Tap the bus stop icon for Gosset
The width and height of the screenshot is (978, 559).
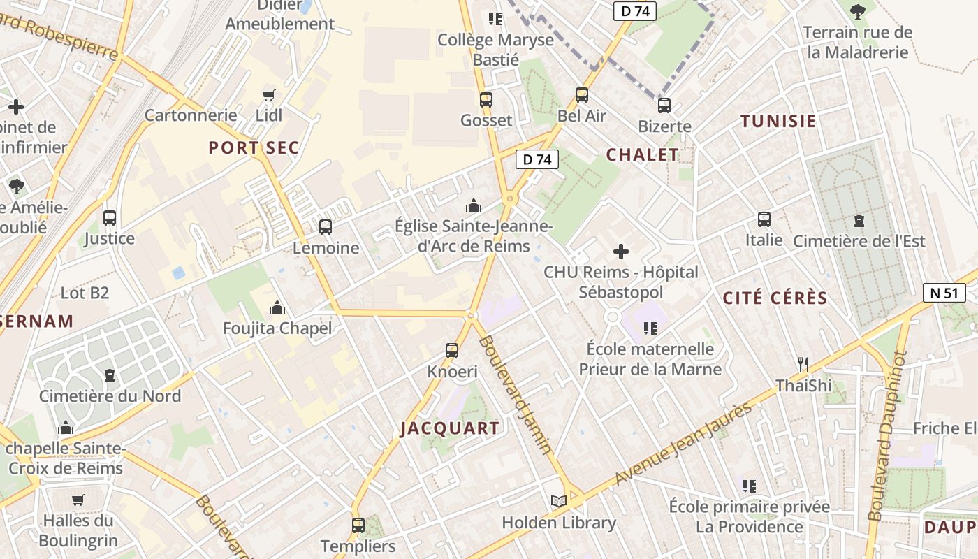click(486, 99)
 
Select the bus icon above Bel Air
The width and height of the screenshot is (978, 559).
click(581, 94)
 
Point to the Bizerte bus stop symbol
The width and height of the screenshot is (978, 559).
click(664, 106)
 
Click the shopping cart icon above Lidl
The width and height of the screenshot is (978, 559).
click(269, 94)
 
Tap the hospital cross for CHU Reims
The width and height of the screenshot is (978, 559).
click(620, 251)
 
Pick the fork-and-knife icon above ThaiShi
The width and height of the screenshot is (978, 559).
click(803, 364)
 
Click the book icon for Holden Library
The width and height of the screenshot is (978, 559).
click(558, 501)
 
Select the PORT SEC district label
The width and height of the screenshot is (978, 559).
click(254, 148)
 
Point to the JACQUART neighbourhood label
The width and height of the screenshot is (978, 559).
click(450, 428)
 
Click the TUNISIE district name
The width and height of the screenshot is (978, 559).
click(778, 121)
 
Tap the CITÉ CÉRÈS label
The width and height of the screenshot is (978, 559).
click(775, 298)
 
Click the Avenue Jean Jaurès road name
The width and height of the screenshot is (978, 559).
click(684, 445)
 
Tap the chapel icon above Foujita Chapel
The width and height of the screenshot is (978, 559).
click(277, 307)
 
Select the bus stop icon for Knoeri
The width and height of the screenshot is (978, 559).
click(452, 351)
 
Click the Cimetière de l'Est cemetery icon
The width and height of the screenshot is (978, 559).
click(859, 221)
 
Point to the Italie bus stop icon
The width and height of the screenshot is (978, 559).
click(764, 219)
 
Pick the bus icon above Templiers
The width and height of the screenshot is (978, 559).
click(358, 525)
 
